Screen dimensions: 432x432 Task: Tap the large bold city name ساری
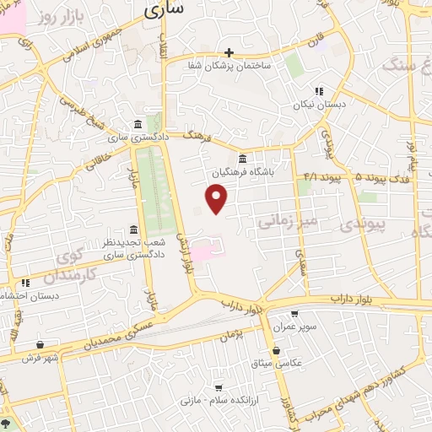164,11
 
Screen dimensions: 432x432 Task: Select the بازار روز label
55,17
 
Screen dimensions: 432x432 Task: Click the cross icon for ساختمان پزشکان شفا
229,52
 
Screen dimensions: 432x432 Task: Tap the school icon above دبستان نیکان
319,91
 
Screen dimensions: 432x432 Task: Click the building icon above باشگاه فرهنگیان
243,159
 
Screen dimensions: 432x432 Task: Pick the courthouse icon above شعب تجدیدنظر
133,229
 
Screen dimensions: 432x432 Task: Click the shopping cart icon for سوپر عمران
294,313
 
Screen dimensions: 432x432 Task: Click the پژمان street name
239,335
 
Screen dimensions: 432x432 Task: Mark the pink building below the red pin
205,249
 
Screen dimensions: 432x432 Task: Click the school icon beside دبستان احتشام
25,283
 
